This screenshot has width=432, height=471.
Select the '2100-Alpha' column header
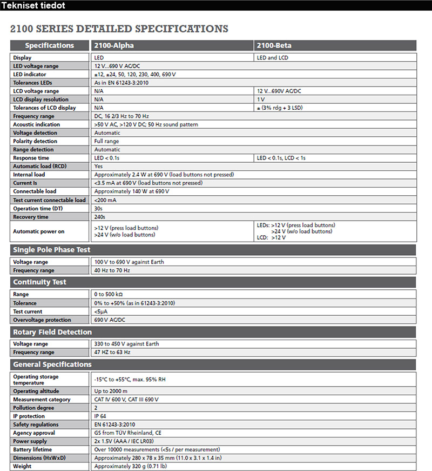(114, 45)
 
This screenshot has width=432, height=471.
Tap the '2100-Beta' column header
(274, 45)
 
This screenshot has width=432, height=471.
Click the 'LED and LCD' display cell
(275, 57)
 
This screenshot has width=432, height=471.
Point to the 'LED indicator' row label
(30, 74)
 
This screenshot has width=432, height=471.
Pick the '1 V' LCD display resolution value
(261, 99)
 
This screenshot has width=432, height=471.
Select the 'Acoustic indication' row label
(36, 124)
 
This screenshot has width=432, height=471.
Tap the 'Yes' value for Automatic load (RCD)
(98, 166)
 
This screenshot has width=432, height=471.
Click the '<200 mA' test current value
(105, 200)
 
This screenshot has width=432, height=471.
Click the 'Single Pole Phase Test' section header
(52, 250)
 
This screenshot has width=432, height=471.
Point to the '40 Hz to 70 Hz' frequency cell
(112, 270)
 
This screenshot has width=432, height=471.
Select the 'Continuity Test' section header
(39, 282)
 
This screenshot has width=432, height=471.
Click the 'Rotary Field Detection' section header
(52, 332)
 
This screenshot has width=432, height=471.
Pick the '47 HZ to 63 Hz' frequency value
(112, 352)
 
